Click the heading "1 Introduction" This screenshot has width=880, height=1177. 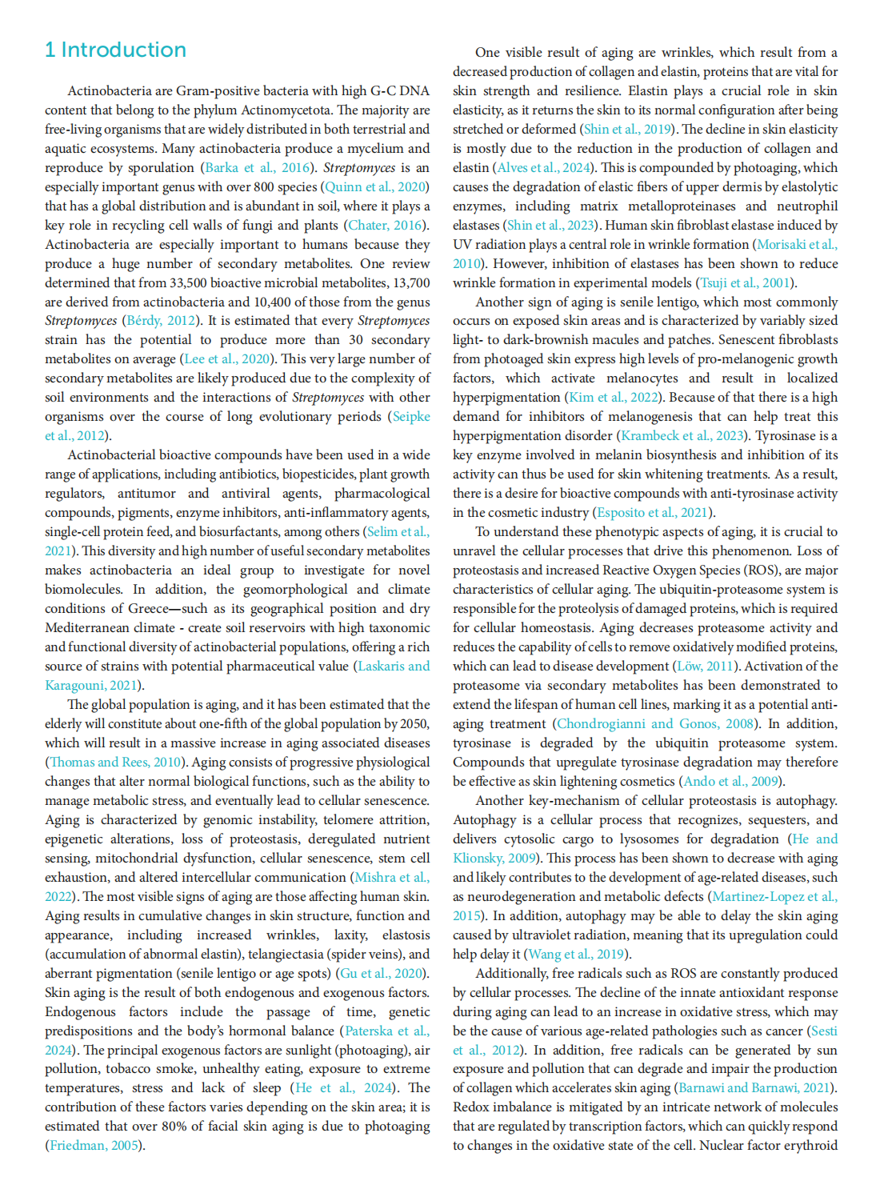pyautogui.click(x=115, y=50)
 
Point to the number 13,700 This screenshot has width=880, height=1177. pyautogui.click(x=409, y=283)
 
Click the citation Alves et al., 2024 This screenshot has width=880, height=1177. pyautogui.click(x=543, y=168)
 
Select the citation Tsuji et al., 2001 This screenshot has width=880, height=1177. pyautogui.click(x=746, y=283)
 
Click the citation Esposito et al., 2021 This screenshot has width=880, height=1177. pyautogui.click(x=653, y=513)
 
